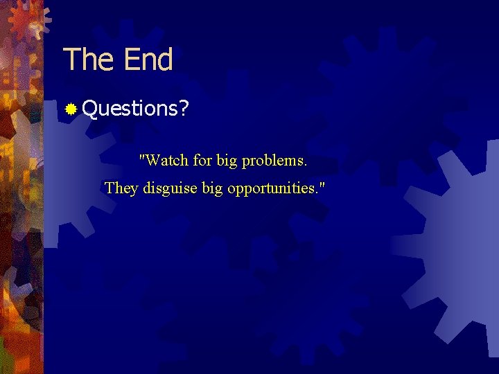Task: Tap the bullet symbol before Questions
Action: pos(70,109)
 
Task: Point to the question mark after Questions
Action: pos(183,108)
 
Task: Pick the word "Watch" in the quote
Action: pos(167,161)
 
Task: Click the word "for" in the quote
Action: pos(202,161)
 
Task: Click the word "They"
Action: pos(121,188)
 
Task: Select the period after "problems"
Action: pos(306,166)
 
